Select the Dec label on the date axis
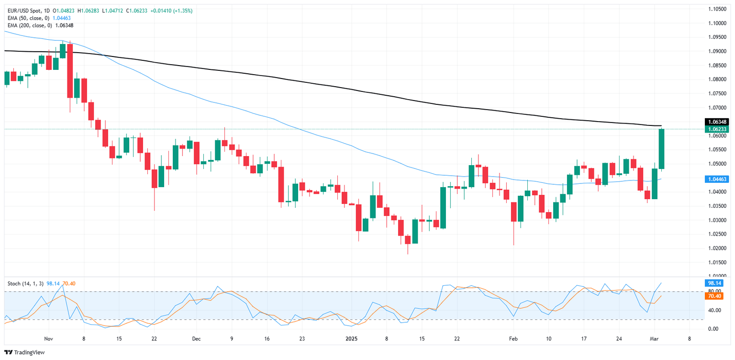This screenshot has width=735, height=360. [x=196, y=338]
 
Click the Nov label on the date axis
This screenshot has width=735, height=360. [x=48, y=338]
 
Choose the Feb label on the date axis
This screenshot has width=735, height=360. [x=513, y=338]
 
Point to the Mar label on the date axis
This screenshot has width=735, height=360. [x=655, y=338]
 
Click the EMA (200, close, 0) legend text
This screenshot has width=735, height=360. [x=28, y=25]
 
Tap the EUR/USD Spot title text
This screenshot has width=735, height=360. [x=22, y=11]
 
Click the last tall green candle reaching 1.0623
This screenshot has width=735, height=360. [x=662, y=149]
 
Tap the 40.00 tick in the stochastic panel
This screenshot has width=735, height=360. [x=714, y=310]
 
